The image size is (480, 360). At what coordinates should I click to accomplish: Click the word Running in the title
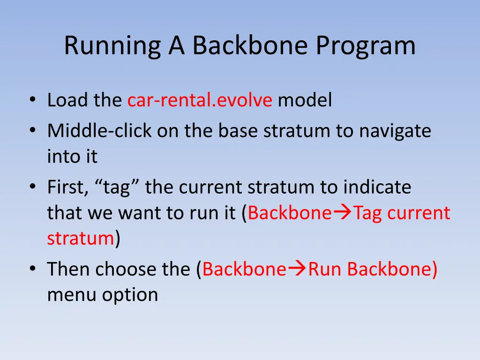coord(112,46)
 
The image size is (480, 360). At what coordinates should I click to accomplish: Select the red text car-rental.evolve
coord(200,100)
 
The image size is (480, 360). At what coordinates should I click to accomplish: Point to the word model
coord(305,100)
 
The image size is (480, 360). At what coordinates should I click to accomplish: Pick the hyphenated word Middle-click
coord(99,131)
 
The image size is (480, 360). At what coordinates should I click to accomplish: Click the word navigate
coord(395,132)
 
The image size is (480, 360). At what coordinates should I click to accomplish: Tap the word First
coord(67,187)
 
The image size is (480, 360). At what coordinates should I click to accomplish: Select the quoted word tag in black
coord(117,187)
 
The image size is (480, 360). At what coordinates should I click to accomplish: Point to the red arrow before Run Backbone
coord(297,269)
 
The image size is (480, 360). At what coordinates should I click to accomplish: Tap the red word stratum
coord(81,239)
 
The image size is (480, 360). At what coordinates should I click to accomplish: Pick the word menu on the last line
coord(72,295)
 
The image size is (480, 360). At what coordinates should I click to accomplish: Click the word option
coord(130,296)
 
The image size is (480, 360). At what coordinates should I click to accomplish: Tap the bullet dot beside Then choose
coord(33,269)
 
